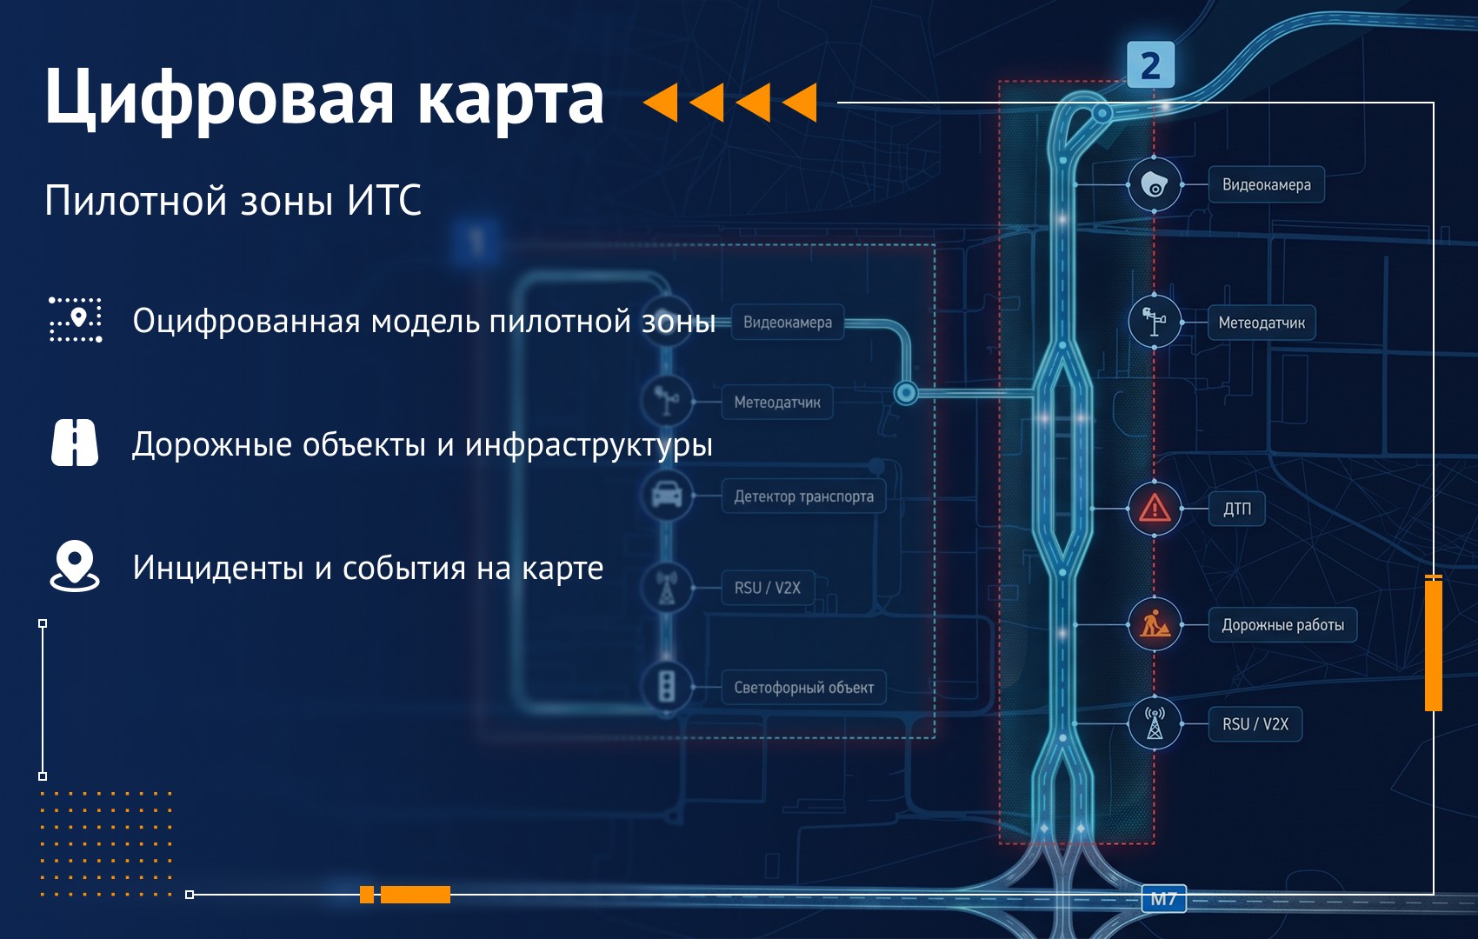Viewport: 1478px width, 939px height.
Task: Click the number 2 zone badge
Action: [1150, 64]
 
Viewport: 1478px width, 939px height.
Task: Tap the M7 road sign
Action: [1164, 899]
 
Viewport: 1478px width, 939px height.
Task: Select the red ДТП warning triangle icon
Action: [1154, 509]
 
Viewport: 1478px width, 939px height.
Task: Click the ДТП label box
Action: [1236, 509]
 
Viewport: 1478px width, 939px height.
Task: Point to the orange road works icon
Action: [1154, 624]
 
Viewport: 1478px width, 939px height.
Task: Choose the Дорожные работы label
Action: [1282, 625]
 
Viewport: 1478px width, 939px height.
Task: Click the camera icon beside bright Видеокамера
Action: [1154, 185]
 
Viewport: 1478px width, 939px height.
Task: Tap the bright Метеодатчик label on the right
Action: [1262, 323]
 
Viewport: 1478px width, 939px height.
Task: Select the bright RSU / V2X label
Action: [1255, 724]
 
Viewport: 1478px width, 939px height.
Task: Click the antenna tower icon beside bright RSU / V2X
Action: [1155, 724]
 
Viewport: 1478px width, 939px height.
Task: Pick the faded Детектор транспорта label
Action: [803, 496]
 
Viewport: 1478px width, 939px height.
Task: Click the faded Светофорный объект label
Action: [803, 688]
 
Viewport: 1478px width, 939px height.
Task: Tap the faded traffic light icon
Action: [667, 687]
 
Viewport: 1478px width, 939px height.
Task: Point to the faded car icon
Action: [667, 495]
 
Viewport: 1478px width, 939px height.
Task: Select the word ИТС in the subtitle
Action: [384, 200]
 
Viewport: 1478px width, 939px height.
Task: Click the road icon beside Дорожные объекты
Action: [75, 443]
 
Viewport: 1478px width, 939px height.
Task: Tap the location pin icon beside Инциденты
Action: [75, 566]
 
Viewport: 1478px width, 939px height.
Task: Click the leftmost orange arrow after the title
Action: [661, 103]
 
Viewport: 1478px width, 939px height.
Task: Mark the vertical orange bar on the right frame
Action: [1433, 643]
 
